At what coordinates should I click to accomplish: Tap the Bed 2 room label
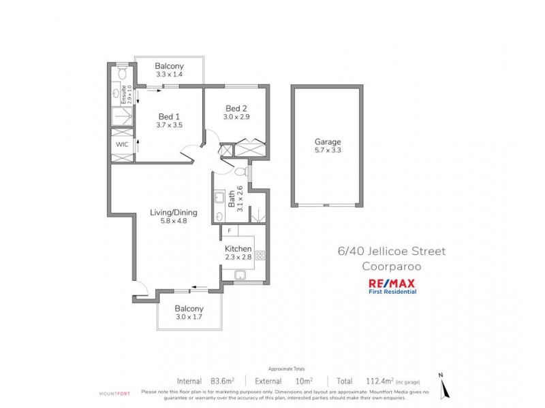click(236, 108)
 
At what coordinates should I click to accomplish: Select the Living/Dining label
click(169, 213)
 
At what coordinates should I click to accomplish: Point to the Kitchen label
click(238, 250)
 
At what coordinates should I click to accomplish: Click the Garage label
click(327, 142)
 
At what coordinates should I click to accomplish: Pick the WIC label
click(122, 145)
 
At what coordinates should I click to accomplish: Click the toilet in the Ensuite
click(122, 71)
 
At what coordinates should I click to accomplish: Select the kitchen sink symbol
click(240, 275)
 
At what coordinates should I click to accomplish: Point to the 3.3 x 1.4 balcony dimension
click(169, 74)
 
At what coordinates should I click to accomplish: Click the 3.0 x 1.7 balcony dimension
click(189, 316)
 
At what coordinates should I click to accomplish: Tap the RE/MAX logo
click(392, 284)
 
